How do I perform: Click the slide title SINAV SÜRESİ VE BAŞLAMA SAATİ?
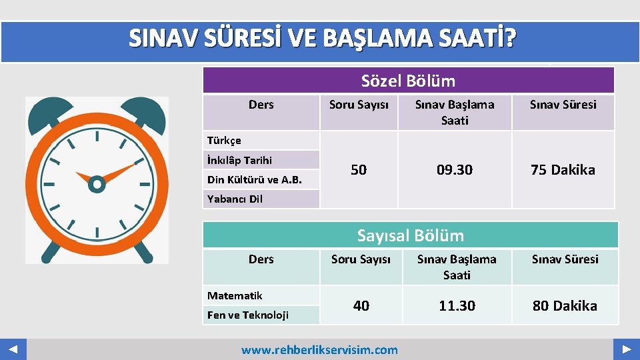[322, 40]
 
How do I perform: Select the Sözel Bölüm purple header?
[408, 81]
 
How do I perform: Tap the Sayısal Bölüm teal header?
[410, 235]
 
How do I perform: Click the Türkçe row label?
[225, 141]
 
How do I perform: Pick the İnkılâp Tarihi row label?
[240, 160]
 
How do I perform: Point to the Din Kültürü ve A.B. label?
[254, 179]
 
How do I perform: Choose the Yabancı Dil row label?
[235, 199]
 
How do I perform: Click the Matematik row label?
[235, 295]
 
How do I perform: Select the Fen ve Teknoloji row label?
[247, 315]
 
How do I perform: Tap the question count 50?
[359, 170]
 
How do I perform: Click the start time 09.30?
[455, 170]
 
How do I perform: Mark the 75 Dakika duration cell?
[563, 170]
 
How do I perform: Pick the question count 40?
[361, 305]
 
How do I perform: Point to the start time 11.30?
[457, 305]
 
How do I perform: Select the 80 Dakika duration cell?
[565, 305]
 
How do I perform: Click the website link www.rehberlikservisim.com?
[319, 349]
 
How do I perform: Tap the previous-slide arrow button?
[13, 349]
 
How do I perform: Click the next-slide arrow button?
[627, 349]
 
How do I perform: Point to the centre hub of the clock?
[97, 183]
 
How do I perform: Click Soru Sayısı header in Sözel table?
[359, 105]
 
